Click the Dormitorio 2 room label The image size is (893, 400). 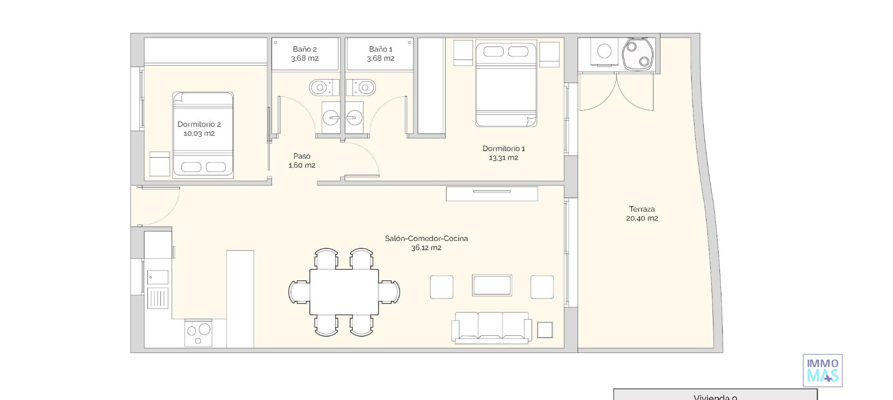[199, 124]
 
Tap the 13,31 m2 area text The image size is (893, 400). [503, 158]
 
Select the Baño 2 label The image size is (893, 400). [305, 49]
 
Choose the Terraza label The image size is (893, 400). [642, 209]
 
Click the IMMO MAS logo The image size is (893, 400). [822, 370]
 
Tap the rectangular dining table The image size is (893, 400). [344, 292]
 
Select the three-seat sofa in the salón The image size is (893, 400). [492, 327]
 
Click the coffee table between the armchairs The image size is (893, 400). [492, 285]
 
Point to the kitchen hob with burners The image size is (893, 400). [198, 332]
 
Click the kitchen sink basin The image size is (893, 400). [158, 277]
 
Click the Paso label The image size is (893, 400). [302, 156]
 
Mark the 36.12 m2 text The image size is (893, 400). [426, 248]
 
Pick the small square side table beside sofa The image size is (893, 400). [545, 330]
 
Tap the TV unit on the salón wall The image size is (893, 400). [492, 193]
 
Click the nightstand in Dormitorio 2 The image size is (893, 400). [160, 163]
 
